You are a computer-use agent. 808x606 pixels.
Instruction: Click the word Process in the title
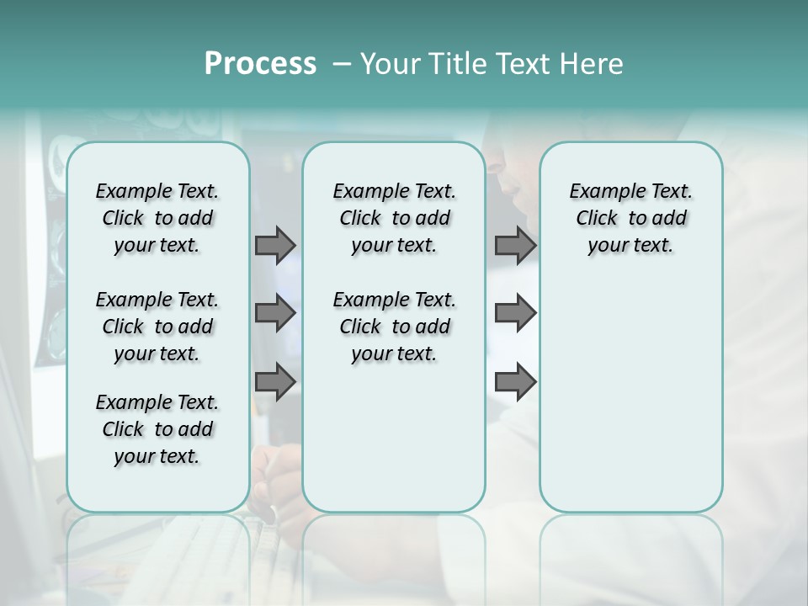260,63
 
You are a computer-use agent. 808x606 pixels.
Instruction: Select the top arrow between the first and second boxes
275,245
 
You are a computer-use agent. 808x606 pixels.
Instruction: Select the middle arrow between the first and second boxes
275,313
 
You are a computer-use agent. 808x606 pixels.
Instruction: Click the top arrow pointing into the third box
515,245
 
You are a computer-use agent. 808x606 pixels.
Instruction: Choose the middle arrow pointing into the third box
515,313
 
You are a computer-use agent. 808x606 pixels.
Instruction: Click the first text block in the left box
157,218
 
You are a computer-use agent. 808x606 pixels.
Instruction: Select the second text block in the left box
157,327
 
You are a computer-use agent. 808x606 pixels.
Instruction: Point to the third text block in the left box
157,429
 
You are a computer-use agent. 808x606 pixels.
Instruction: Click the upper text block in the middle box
394,218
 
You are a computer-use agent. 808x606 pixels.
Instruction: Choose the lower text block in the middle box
394,327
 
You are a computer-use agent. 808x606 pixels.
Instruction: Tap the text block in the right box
630,218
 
